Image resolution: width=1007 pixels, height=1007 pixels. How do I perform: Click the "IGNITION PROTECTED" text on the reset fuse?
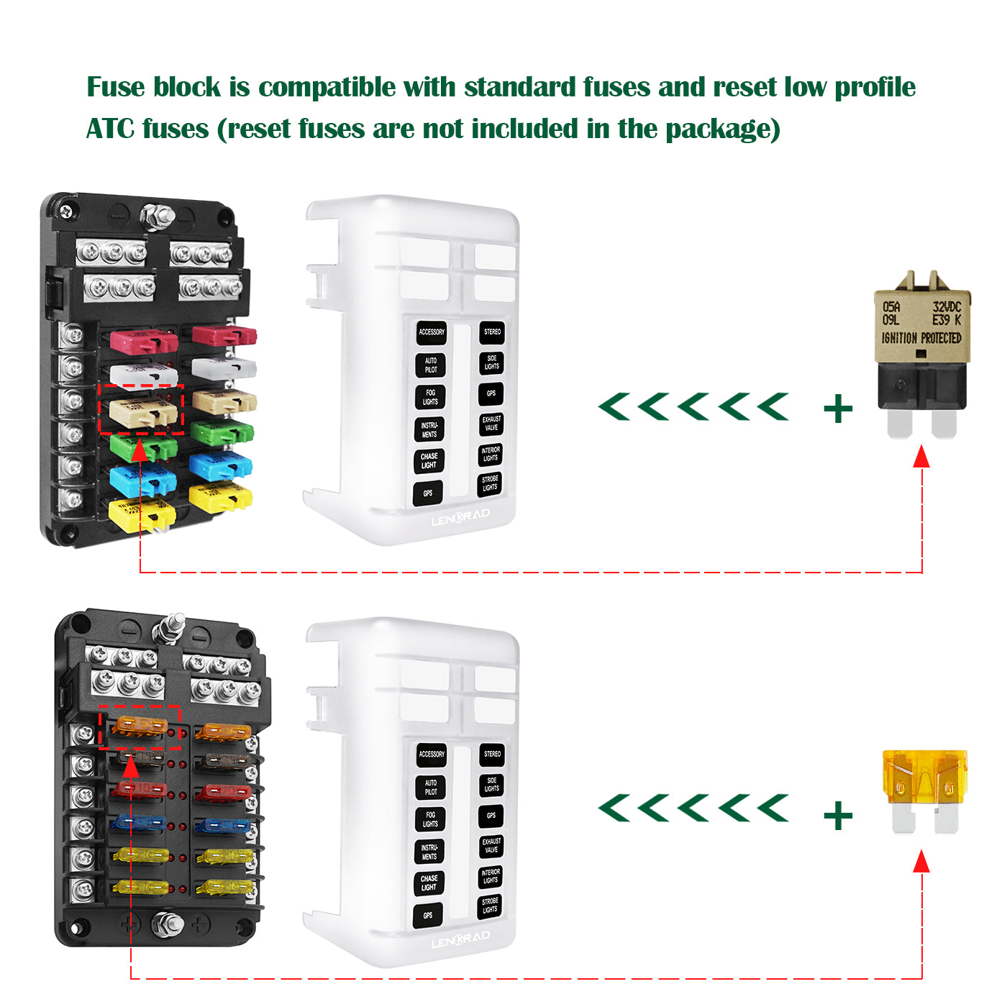(921, 338)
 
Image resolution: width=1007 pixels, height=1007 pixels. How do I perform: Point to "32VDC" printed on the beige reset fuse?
(947, 307)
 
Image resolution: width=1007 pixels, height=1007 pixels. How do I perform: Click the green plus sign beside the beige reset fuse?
(838, 409)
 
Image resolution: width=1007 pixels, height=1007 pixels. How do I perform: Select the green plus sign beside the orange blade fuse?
(838, 816)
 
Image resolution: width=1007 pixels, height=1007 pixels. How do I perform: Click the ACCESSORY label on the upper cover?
(432, 332)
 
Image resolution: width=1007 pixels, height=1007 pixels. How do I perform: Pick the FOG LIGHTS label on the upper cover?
(430, 397)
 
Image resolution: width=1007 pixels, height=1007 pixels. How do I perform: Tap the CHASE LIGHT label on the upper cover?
(429, 461)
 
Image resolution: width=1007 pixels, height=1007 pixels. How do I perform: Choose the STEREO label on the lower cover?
(492, 755)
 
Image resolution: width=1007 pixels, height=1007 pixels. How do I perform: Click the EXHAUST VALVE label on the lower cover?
(491, 846)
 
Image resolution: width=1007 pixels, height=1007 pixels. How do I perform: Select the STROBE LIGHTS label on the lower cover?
(490, 906)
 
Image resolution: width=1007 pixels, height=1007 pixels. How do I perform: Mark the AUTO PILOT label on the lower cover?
(430, 788)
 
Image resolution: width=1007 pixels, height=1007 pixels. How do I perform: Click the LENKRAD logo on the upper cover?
(460, 516)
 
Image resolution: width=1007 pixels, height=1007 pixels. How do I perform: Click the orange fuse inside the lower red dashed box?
(140, 726)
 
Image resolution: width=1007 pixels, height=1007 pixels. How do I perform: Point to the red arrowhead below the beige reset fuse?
(921, 455)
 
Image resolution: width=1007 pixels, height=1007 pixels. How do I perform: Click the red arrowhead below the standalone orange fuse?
(921, 860)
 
